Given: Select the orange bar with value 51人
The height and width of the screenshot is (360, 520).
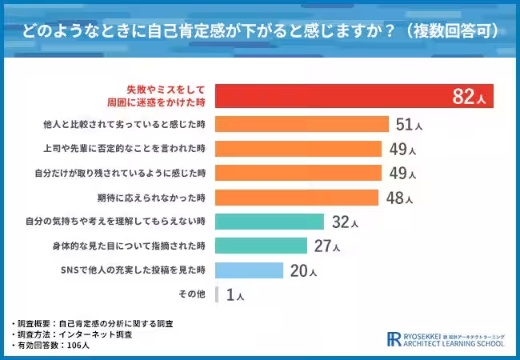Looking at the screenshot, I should tap(302, 124).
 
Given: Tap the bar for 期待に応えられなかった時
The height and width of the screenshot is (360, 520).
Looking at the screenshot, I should tap(297, 198).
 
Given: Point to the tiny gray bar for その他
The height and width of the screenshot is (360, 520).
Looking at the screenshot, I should tap(217, 294).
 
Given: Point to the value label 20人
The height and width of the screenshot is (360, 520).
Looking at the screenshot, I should tap(303, 270).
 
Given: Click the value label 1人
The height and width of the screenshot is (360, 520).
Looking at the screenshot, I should tap(234, 295).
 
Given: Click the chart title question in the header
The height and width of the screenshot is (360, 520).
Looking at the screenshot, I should tap(260, 30).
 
